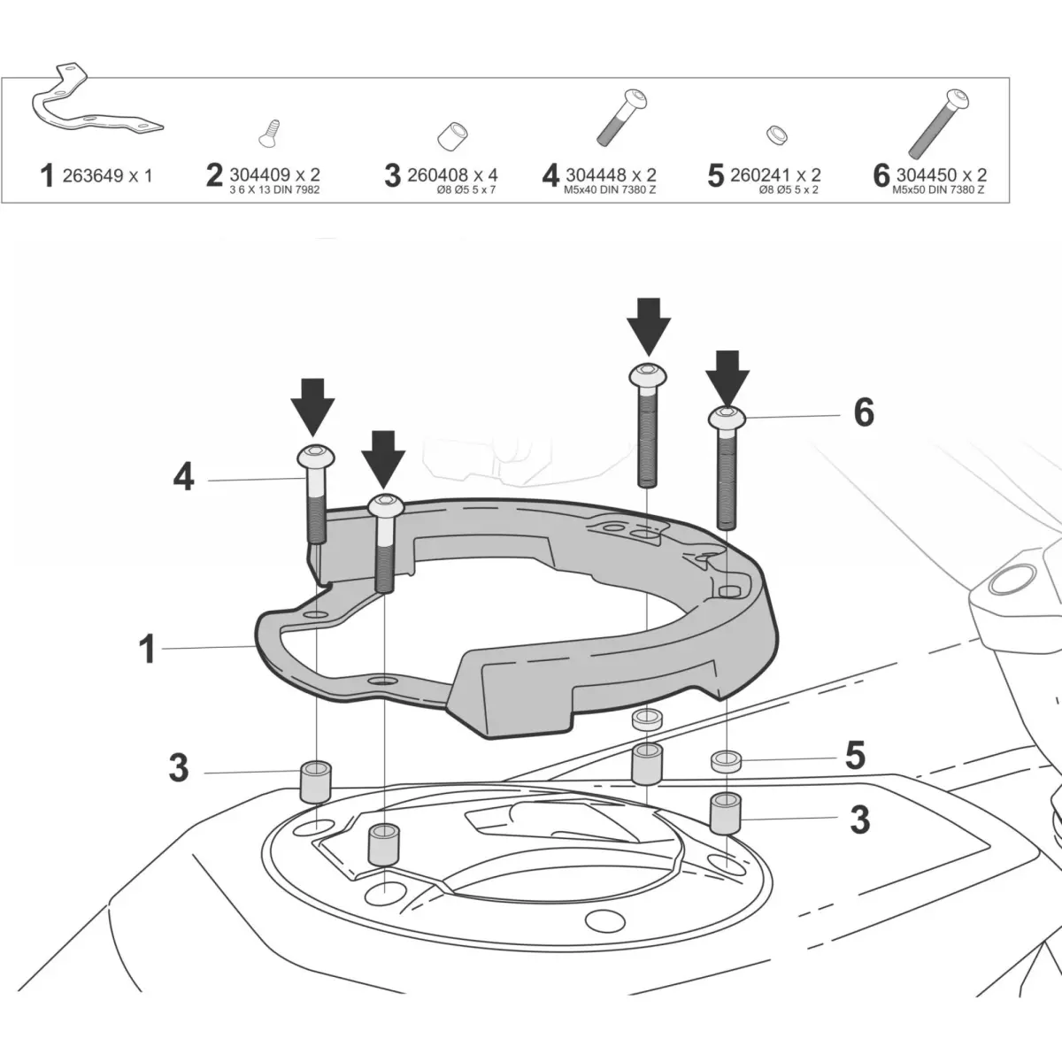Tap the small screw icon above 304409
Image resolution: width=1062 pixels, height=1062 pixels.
tap(267, 133)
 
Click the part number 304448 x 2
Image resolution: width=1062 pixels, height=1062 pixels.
tap(610, 175)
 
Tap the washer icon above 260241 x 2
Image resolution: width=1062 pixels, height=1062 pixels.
tap(775, 135)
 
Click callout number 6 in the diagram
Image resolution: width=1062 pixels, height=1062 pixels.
tap(863, 412)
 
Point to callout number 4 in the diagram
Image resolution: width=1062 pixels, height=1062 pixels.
tap(183, 479)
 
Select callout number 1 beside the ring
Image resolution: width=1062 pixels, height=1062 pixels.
tap(147, 649)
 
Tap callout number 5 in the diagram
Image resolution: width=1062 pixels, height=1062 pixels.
tap(854, 756)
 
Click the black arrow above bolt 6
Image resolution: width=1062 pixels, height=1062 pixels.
tap(727, 375)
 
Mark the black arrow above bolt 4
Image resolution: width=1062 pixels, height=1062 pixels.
tap(312, 406)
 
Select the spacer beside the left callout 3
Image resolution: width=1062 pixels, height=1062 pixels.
tap(314, 781)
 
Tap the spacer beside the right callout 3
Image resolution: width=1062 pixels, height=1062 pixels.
tap(726, 812)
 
